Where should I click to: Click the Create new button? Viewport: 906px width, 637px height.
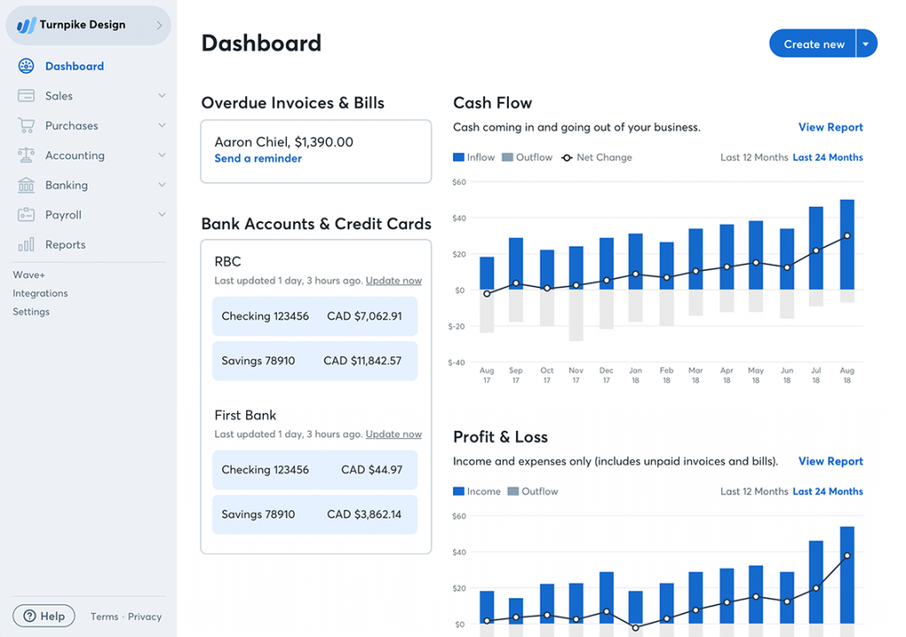pos(813,44)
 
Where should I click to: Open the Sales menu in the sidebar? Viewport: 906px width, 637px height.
pos(59,96)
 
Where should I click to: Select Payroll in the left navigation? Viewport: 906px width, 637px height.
pos(63,215)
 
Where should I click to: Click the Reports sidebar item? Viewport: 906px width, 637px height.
pos(65,244)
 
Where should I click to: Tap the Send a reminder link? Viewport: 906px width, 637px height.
pos(257,158)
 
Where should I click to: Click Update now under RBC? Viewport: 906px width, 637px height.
pos(394,280)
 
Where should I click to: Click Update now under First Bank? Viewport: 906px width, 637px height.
pos(394,434)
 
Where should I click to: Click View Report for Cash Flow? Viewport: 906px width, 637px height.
pos(830,127)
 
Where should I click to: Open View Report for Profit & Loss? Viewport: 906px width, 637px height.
pos(830,461)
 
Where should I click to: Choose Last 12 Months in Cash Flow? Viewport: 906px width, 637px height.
pos(754,157)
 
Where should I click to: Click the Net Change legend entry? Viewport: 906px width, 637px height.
pos(597,157)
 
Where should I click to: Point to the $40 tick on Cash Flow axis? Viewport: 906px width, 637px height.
pos(458,218)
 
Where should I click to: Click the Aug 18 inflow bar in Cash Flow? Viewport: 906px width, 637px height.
pos(847,244)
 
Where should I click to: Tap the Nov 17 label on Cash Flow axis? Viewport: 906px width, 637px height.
pos(576,375)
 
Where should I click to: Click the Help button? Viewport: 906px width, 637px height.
pos(44,616)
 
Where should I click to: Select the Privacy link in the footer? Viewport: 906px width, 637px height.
pos(144,617)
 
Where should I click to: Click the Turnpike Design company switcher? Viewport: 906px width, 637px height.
pos(88,26)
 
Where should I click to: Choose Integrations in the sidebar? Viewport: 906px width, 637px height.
pos(40,293)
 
